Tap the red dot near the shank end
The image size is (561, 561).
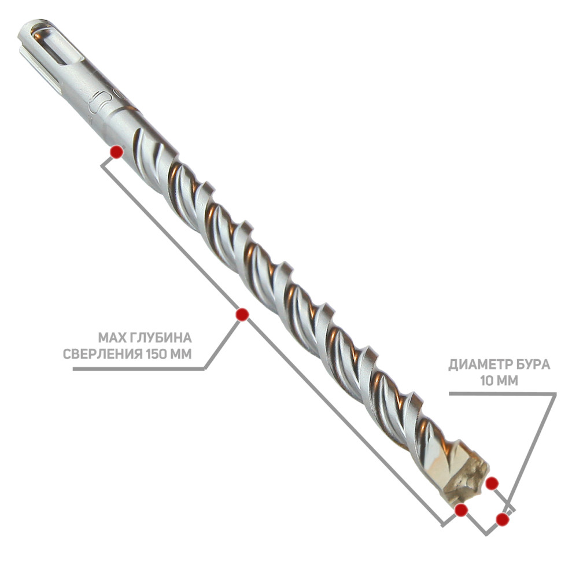(x=117, y=152)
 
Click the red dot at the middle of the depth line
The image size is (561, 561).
(x=242, y=315)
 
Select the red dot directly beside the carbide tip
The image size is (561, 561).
(x=492, y=484)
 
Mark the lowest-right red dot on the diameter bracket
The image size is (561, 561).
(x=503, y=519)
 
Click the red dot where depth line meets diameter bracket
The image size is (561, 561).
(x=461, y=510)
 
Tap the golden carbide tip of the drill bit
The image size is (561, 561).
(x=465, y=478)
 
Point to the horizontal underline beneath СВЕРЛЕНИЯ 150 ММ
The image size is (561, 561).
(x=138, y=369)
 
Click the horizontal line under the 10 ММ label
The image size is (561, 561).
(x=503, y=393)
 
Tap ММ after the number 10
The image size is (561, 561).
(x=508, y=381)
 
